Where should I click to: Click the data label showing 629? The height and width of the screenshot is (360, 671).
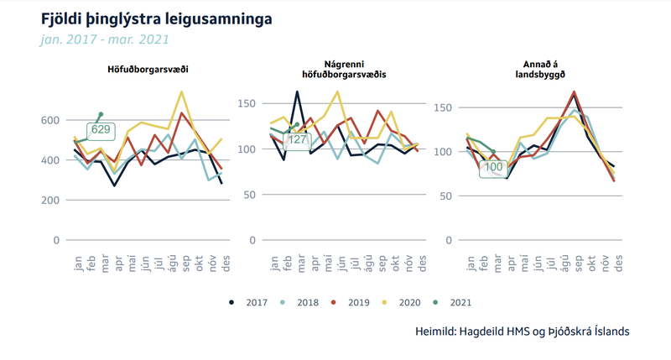(x=101, y=129)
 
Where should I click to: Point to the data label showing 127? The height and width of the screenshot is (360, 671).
(x=297, y=140)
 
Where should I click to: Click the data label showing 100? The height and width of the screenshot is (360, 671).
(x=493, y=167)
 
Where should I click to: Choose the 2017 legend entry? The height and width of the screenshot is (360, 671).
(x=248, y=302)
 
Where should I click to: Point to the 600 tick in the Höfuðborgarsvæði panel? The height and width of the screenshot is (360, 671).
(x=51, y=120)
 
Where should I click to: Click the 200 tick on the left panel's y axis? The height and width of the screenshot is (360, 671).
(x=51, y=201)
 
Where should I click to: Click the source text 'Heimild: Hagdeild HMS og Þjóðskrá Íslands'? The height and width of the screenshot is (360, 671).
(x=523, y=331)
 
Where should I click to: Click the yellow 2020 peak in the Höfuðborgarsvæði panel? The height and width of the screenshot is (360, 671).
(x=182, y=91)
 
